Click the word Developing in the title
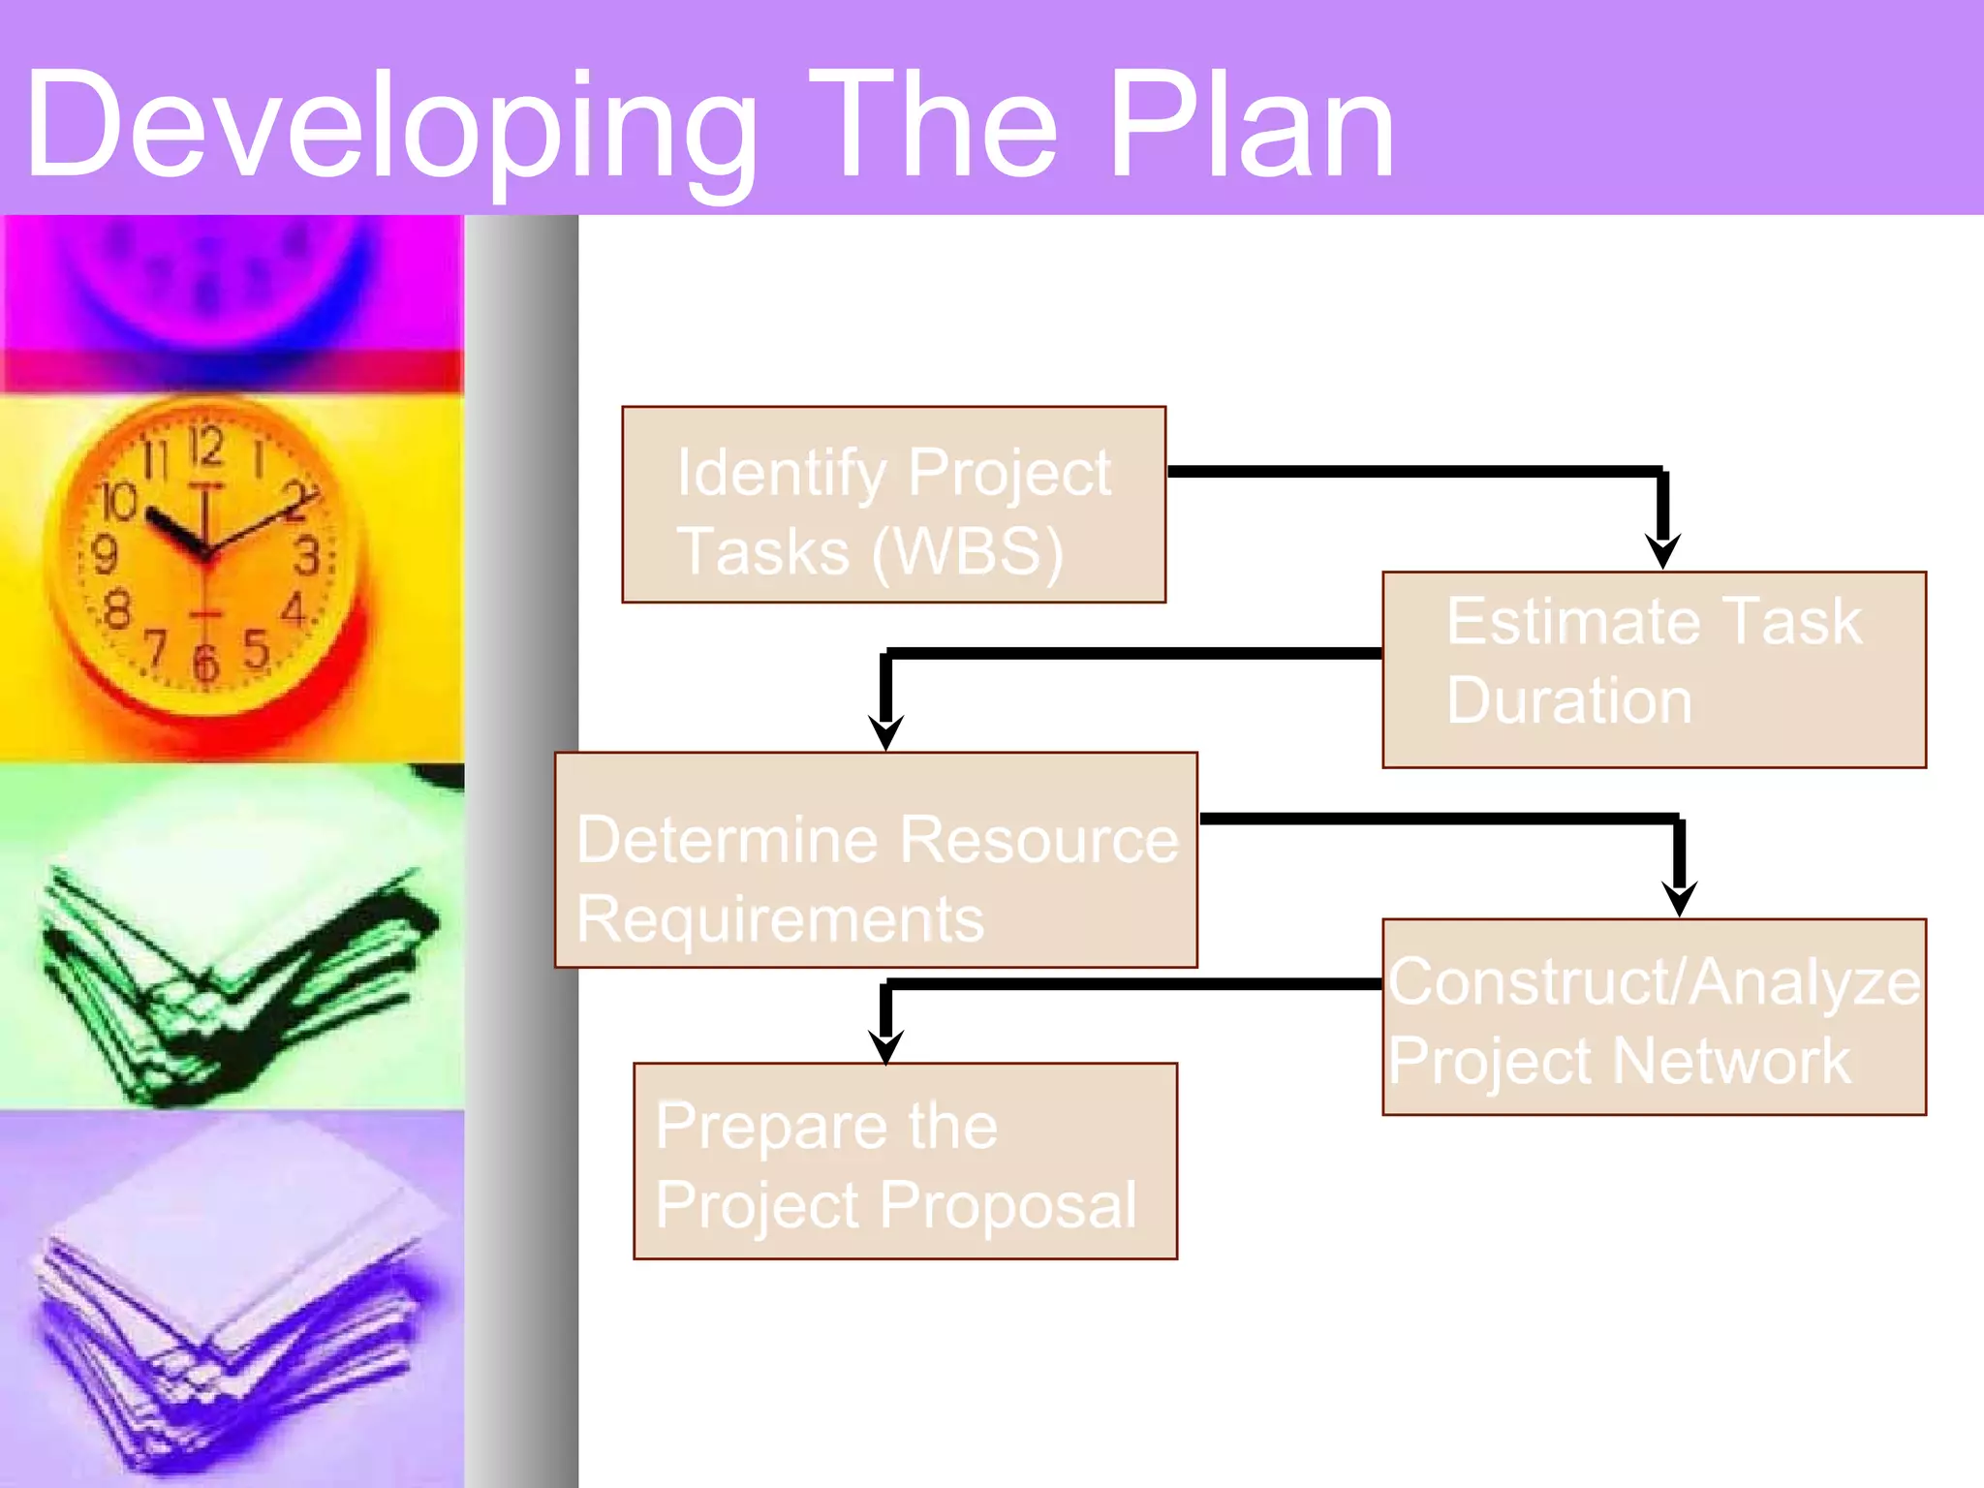point(387,126)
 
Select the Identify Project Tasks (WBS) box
point(893,505)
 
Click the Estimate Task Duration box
point(1654,670)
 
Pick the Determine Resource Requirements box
point(876,860)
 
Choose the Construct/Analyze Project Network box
point(1654,1017)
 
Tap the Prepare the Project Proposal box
point(905,1162)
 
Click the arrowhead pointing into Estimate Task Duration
point(1662,552)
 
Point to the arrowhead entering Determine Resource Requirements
point(885,732)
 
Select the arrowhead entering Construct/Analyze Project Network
point(1679,899)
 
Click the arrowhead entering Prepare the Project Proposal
point(885,1046)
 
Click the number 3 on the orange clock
point(306,557)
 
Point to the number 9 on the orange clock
point(104,555)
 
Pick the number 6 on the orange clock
point(205,664)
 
